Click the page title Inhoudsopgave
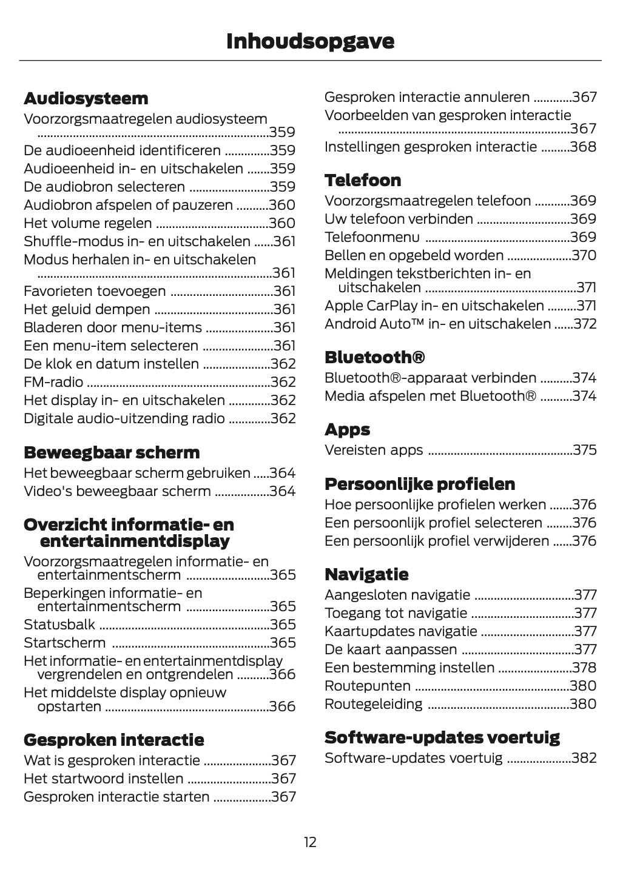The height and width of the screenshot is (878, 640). [x=310, y=41]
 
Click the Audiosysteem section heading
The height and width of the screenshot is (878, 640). [x=86, y=98]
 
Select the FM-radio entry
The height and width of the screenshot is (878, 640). [x=53, y=382]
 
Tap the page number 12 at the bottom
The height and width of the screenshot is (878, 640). [x=310, y=842]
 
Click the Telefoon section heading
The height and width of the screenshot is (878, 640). [x=363, y=180]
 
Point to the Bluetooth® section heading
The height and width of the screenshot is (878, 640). [x=374, y=357]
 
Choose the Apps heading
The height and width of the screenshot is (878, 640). [x=347, y=429]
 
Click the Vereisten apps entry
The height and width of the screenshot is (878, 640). [x=374, y=450]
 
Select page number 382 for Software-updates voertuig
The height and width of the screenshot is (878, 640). [x=584, y=758]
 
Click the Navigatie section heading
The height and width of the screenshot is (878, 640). [x=366, y=574]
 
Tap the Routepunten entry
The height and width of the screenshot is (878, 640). [x=368, y=686]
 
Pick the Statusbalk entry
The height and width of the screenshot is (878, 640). [x=59, y=625]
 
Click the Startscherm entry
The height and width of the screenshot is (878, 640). [x=64, y=643]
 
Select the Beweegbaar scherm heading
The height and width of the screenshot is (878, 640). [x=111, y=452]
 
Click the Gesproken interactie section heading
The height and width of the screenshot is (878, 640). [x=113, y=740]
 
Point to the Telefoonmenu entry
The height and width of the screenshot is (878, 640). [x=372, y=237]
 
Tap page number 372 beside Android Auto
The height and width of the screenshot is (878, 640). [x=585, y=324]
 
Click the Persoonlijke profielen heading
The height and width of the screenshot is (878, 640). [x=420, y=484]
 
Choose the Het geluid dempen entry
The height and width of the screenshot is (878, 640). [x=87, y=309]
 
